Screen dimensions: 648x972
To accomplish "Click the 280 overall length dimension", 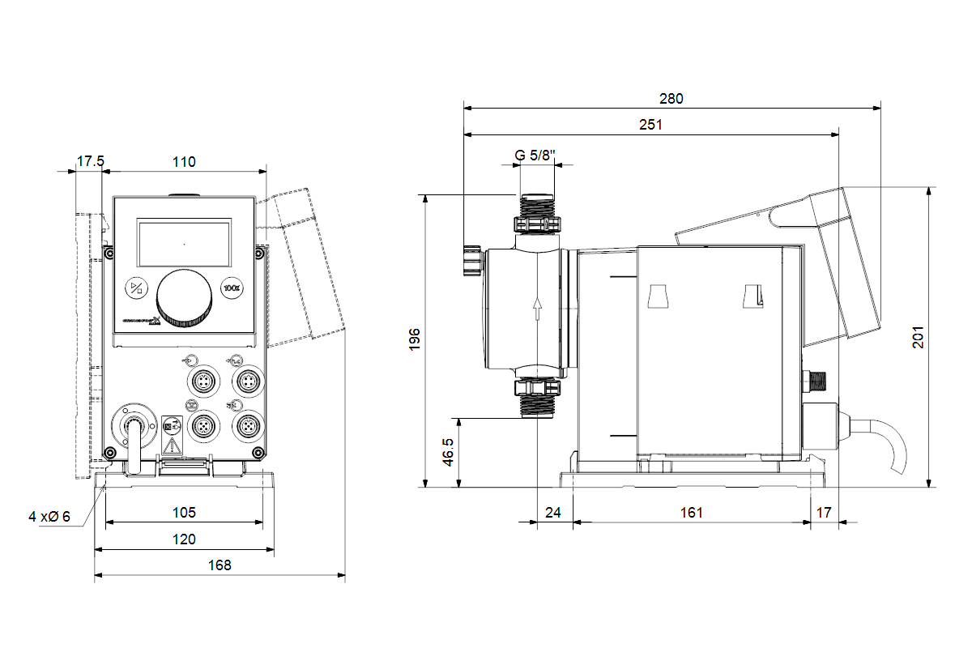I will point(671,99).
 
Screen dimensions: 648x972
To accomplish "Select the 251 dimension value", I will point(650,125).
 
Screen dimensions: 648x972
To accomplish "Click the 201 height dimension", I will point(918,337).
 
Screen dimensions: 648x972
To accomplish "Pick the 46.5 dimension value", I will point(448,453).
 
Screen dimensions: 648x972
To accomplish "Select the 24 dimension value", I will point(553,512).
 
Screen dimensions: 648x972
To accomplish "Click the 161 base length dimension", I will point(691,512).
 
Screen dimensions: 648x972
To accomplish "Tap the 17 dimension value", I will point(824,512).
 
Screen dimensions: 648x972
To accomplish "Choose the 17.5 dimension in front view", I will point(90,161).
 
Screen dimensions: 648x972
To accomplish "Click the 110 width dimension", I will point(184,161).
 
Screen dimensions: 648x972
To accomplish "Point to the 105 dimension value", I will point(184,512).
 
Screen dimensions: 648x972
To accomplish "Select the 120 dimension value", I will point(184,539).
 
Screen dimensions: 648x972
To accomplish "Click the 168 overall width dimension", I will point(219,565).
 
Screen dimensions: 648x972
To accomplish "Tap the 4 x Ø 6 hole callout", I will point(49,516).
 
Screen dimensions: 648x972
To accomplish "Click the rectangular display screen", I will point(185,243).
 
